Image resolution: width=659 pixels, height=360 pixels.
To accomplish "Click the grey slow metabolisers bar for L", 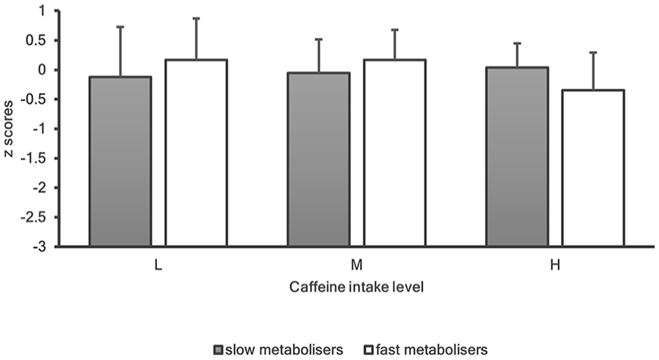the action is click(121, 161).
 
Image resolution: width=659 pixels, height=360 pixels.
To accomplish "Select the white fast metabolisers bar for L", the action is click(197, 153).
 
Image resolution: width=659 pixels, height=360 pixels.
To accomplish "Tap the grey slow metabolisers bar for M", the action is click(319, 159).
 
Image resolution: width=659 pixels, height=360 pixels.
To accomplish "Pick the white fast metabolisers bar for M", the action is click(395, 153).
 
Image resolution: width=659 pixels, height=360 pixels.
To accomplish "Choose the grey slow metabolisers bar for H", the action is click(517, 156).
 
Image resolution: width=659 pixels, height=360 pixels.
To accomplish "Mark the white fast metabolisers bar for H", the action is click(593, 168).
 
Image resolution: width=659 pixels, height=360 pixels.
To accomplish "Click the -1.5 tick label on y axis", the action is click(37, 158).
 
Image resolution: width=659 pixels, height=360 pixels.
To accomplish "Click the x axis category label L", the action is click(158, 266).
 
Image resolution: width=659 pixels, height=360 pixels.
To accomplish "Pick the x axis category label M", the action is click(357, 266).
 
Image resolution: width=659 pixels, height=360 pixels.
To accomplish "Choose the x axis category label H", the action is click(555, 266).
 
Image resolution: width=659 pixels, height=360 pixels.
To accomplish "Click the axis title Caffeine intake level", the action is click(357, 287).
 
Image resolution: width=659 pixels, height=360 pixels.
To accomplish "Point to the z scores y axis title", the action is click(9, 129).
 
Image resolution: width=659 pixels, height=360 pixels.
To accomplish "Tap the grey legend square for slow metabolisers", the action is click(218, 350).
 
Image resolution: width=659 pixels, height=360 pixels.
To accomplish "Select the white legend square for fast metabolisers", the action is click(369, 350).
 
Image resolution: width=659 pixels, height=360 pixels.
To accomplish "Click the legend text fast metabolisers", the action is click(432, 350).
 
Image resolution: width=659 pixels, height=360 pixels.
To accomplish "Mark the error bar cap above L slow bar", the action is click(121, 26).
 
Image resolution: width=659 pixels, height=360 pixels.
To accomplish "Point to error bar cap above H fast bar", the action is click(593, 52).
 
